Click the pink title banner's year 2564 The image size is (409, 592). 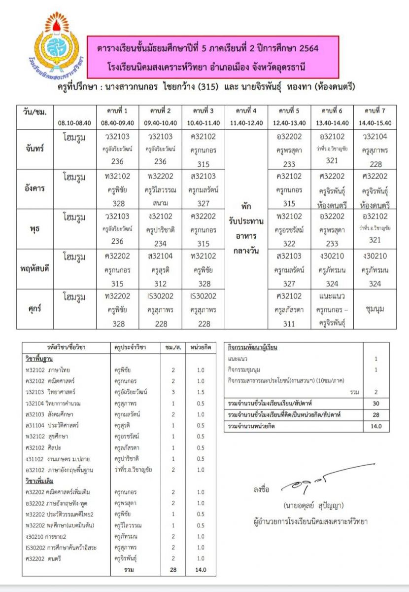(305, 49)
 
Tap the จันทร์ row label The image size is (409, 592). (33, 148)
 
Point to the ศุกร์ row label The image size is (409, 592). (34, 308)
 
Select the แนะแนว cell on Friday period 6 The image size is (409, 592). (332, 297)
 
